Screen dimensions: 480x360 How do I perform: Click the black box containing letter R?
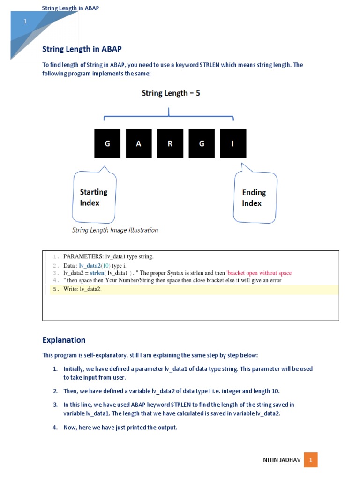(x=170, y=143)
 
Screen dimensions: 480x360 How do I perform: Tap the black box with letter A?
(x=139, y=143)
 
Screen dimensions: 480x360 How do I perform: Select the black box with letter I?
(x=233, y=143)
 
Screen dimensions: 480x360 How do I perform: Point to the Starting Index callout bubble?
(x=94, y=197)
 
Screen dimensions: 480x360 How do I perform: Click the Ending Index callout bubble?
(x=255, y=197)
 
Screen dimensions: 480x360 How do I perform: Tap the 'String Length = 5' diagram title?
(x=171, y=93)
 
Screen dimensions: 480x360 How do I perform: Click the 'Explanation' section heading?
(x=64, y=340)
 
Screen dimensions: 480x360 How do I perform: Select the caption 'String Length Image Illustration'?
(x=115, y=230)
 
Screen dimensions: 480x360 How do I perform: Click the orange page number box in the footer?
(x=310, y=460)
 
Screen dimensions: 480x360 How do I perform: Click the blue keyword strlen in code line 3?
(x=97, y=273)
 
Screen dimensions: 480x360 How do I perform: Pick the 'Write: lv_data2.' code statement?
(x=82, y=289)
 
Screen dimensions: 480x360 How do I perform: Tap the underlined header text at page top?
(x=70, y=8)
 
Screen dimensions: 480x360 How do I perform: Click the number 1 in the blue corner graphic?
(x=25, y=22)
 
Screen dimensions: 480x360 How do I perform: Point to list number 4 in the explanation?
(x=55, y=427)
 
